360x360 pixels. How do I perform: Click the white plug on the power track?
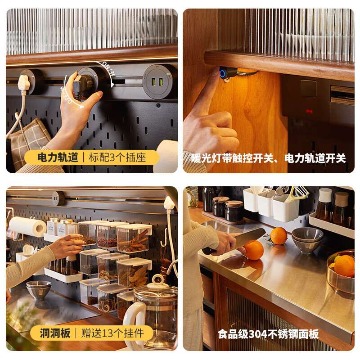(24, 83)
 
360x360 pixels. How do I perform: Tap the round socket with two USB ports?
(159, 81)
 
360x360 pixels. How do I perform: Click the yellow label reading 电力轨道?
(58, 157)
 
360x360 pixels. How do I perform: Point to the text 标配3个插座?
(116, 157)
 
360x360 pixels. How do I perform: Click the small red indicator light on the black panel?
(309, 110)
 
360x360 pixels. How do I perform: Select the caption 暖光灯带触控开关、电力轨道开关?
(268, 158)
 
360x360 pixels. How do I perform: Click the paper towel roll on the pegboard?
(27, 226)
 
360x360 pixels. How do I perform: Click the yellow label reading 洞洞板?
(55, 333)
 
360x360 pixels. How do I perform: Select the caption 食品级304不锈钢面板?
(268, 334)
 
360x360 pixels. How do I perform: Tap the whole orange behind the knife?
(279, 236)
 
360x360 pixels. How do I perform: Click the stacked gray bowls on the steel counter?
(307, 240)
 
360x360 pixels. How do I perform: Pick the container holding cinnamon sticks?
(134, 238)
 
